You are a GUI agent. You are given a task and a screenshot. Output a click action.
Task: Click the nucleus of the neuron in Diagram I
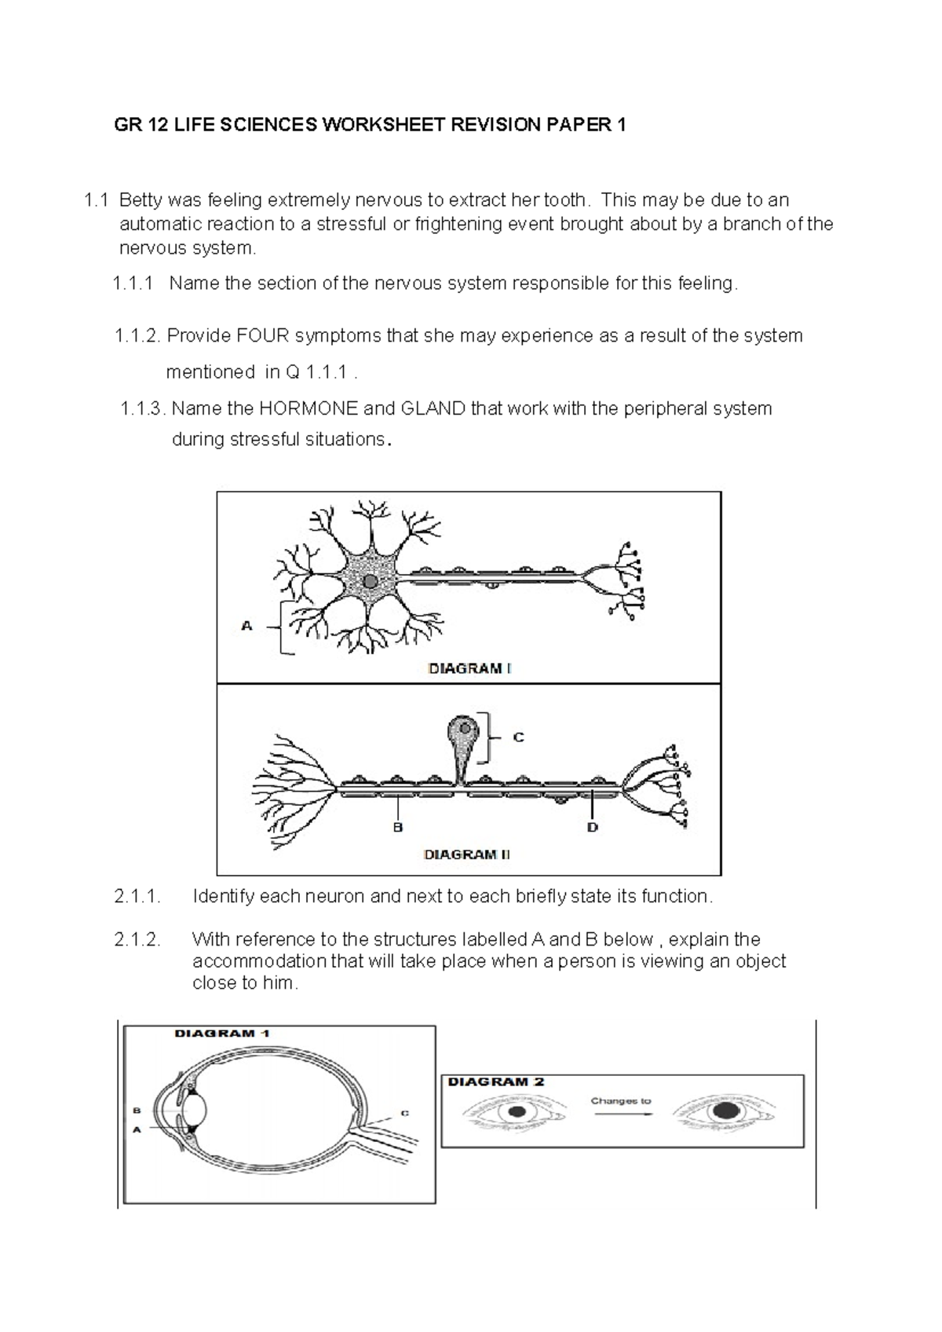[369, 582]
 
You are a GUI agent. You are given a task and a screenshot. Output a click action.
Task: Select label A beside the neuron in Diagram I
[246, 626]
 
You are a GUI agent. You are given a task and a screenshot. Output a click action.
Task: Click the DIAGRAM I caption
[469, 669]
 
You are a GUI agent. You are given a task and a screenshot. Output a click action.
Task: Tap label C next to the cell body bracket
[518, 737]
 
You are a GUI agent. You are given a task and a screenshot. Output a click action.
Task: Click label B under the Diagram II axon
[398, 827]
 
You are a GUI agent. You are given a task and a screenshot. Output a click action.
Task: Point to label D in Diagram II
[593, 827]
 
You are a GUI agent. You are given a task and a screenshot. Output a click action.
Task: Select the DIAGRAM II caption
[466, 854]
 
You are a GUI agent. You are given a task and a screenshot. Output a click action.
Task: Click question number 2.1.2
[137, 939]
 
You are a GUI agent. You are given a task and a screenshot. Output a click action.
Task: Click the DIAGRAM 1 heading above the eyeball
[221, 1034]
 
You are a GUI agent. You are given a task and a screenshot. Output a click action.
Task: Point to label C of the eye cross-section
[405, 1113]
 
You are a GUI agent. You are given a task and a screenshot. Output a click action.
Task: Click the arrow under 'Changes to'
[621, 1114]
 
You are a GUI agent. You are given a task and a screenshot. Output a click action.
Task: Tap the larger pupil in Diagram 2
[725, 1112]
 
